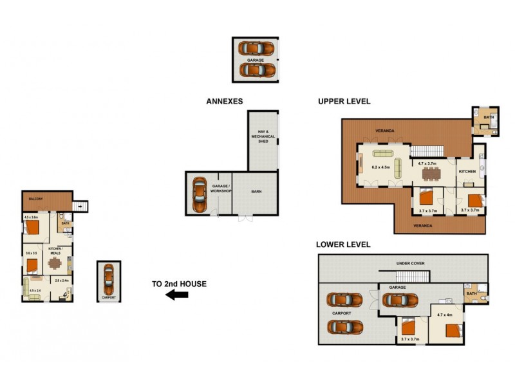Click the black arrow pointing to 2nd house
176,295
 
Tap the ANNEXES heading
225,101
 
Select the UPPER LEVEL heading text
344,101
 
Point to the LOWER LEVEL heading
342,244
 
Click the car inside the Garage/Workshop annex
199,195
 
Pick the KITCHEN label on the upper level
467,171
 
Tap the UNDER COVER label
410,263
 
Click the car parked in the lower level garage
400,300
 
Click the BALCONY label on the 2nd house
35,199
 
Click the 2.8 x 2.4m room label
62,280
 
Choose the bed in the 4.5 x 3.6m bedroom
33,228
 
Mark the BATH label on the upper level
489,117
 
